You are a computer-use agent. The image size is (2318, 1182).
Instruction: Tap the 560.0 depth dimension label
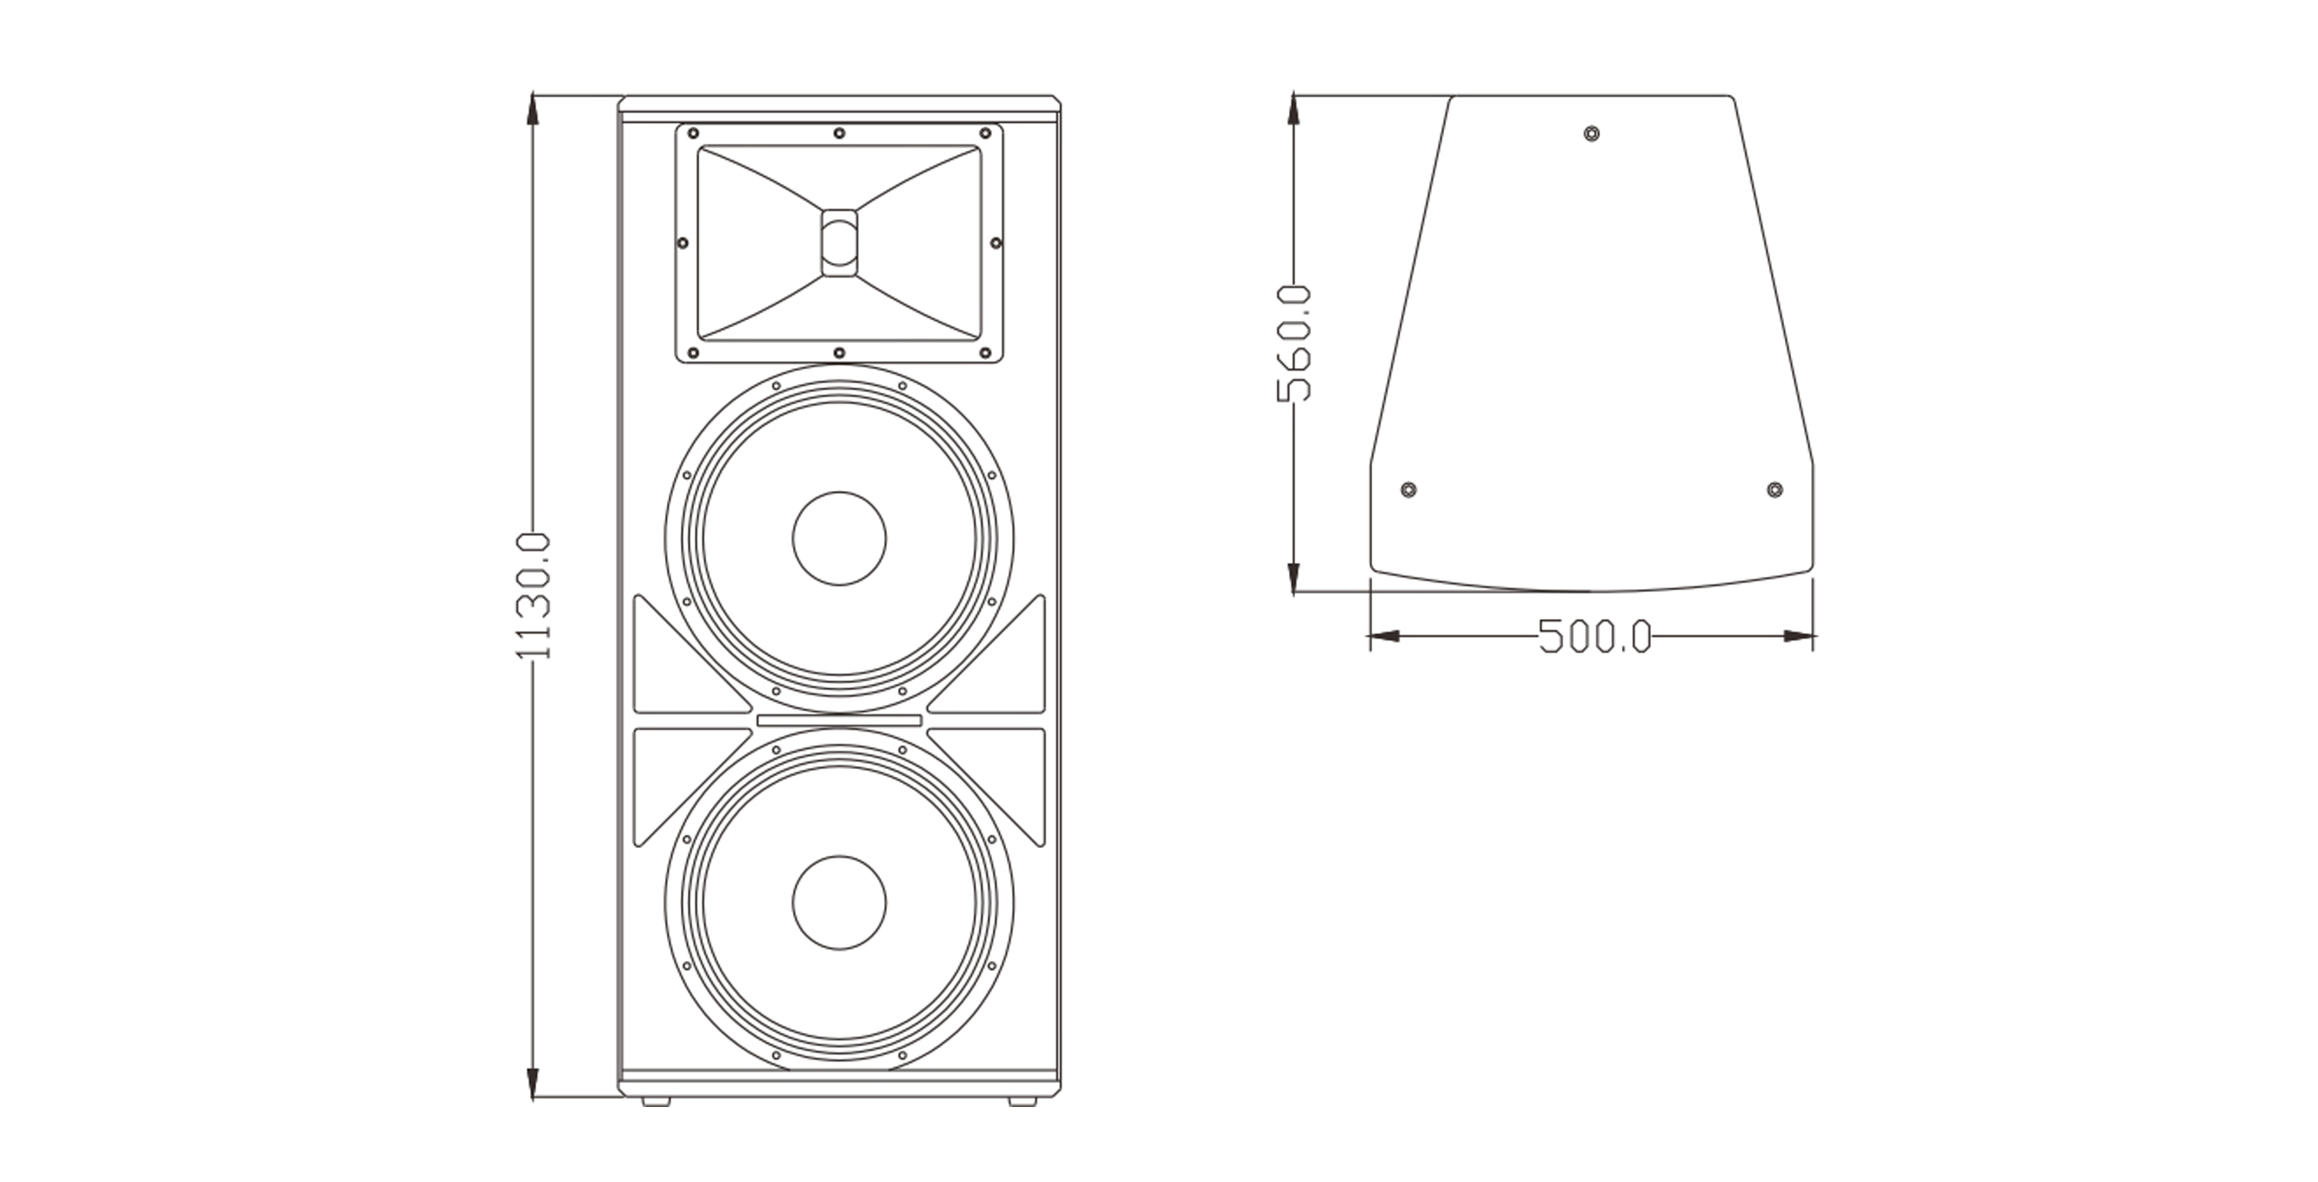click(1294, 343)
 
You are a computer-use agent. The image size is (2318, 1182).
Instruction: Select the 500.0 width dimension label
click(1595, 636)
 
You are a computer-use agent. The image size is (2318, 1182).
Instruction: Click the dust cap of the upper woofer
click(838, 538)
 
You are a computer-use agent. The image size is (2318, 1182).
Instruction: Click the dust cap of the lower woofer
click(838, 902)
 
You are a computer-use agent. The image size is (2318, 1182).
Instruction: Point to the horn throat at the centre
click(838, 242)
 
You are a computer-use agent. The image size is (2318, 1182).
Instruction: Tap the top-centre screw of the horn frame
click(838, 133)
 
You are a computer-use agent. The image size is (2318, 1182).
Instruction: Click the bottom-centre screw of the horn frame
click(838, 353)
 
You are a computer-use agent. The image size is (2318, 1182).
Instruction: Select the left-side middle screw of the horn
click(682, 243)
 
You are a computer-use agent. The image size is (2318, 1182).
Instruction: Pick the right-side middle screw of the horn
click(995, 243)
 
